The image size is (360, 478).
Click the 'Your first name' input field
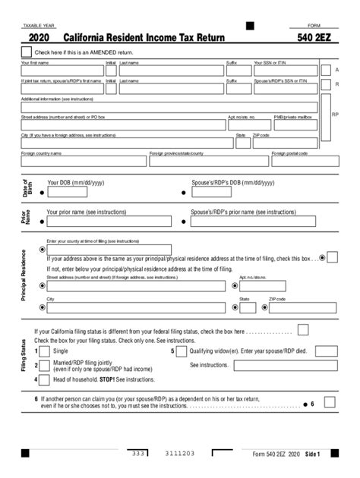coord(62,71)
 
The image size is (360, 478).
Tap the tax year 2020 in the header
coord(40,36)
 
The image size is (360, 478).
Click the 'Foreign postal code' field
coord(294,161)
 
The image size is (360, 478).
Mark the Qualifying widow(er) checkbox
coord(182,352)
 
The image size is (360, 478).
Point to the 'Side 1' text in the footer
coord(313,454)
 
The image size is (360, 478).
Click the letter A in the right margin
coord(336,69)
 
